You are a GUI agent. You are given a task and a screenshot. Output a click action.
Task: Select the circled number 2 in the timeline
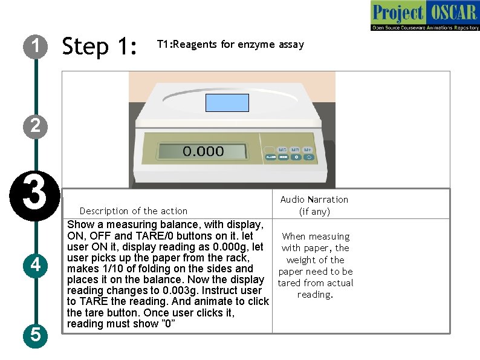click(36, 126)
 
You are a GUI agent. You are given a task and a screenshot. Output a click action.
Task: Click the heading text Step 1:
click(100, 46)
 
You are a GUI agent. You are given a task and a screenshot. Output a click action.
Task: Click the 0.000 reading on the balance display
click(203, 151)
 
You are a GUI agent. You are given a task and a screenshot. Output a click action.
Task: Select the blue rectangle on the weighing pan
click(227, 103)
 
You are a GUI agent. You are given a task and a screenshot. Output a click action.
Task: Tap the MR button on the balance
click(295, 149)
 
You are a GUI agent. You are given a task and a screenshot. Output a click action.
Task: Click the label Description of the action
click(134, 211)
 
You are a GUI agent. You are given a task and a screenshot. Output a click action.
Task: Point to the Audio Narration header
click(314, 200)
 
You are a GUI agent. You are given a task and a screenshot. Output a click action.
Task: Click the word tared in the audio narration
click(291, 283)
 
